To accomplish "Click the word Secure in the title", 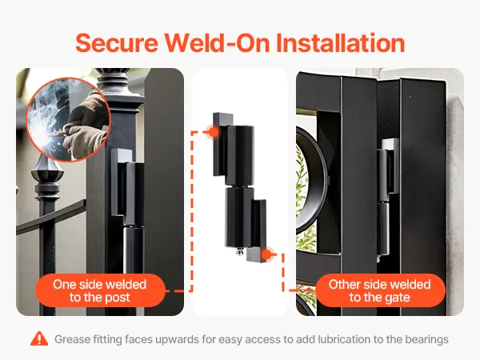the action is click(x=117, y=43).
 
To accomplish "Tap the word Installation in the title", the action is click(x=341, y=43).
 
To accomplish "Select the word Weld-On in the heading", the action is click(x=217, y=43).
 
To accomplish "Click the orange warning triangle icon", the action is click(x=39, y=338).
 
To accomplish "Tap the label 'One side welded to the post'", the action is click(x=100, y=290).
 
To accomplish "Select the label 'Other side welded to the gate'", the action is click(x=379, y=290).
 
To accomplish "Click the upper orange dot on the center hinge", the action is click(x=214, y=132).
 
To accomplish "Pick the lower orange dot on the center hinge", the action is click(x=267, y=254).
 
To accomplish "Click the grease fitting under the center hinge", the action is click(x=238, y=252).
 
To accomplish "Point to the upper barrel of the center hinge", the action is click(x=240, y=156).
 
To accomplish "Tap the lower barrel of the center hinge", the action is click(x=239, y=218).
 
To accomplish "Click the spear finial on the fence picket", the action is click(x=47, y=175).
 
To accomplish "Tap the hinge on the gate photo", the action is click(x=387, y=196).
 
